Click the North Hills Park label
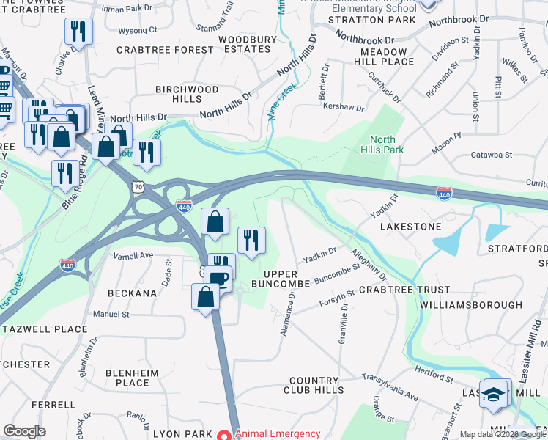click(x=382, y=144)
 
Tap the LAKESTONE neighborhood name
click(x=410, y=227)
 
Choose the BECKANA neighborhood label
click(x=132, y=293)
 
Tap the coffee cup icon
click(x=218, y=278)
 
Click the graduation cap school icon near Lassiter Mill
click(x=495, y=392)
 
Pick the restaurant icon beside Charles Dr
click(x=77, y=32)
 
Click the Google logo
click(x=24, y=431)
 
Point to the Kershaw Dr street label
click(x=344, y=107)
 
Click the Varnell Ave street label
click(x=133, y=256)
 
